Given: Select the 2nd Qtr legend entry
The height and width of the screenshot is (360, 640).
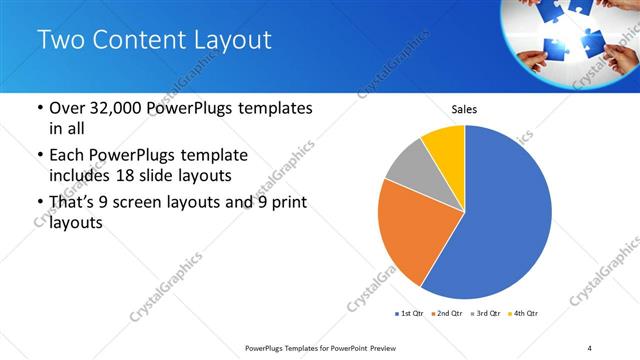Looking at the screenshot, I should pyautogui.click(x=446, y=314).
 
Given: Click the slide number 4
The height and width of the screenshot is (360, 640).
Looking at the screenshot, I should pyautogui.click(x=590, y=347).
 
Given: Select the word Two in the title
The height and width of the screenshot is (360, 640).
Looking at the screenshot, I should pyautogui.click(x=61, y=41).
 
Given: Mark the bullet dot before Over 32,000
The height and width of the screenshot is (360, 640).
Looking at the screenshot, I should pyautogui.click(x=38, y=108).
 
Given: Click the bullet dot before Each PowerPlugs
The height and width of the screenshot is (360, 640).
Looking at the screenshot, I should pyautogui.click(x=38, y=156).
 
